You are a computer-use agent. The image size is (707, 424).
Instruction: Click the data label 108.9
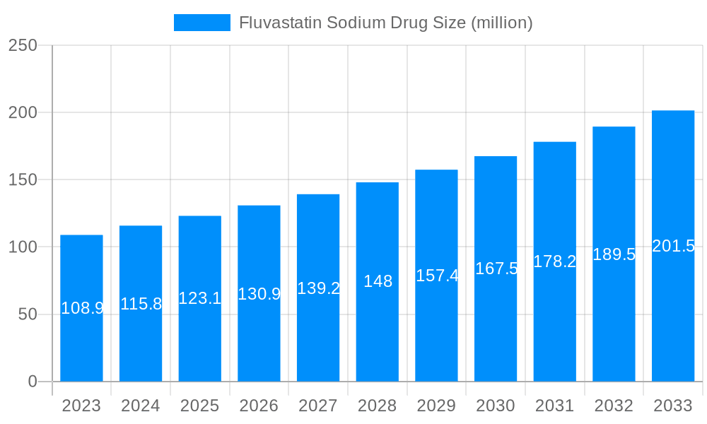(x=82, y=308)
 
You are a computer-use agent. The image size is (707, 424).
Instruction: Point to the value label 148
(x=378, y=281)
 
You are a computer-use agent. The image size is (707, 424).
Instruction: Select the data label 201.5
(x=673, y=246)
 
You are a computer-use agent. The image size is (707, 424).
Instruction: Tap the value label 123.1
(x=200, y=298)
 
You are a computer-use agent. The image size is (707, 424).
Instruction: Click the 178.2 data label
(x=555, y=261)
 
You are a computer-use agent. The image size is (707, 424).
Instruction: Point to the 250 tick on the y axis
(x=23, y=45)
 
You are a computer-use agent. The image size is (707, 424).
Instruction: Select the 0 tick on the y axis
(x=33, y=382)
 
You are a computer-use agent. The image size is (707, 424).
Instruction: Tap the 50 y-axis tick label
(x=28, y=314)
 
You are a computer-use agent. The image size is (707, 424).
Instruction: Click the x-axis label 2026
(x=259, y=406)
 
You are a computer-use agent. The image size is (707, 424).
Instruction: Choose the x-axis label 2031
(x=555, y=406)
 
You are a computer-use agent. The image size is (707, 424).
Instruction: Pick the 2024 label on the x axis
(x=141, y=406)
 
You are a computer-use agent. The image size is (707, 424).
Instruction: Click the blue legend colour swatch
(x=202, y=23)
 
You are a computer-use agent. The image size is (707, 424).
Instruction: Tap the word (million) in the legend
(x=502, y=23)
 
